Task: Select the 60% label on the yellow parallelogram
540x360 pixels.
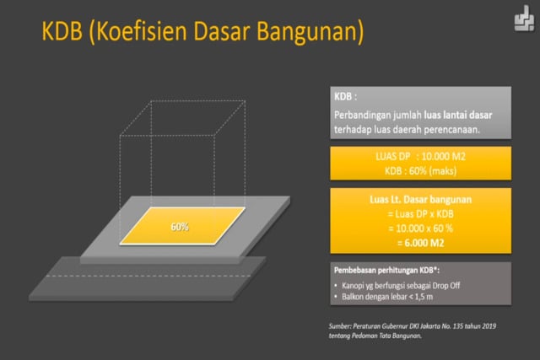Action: click(179, 227)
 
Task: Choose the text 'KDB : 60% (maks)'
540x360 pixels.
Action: click(418, 169)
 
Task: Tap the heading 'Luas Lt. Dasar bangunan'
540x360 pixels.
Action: click(418, 200)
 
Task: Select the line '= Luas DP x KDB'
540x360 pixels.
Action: click(418, 214)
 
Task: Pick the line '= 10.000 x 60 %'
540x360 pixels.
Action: click(418, 228)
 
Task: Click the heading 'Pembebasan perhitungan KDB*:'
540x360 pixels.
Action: click(388, 271)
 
